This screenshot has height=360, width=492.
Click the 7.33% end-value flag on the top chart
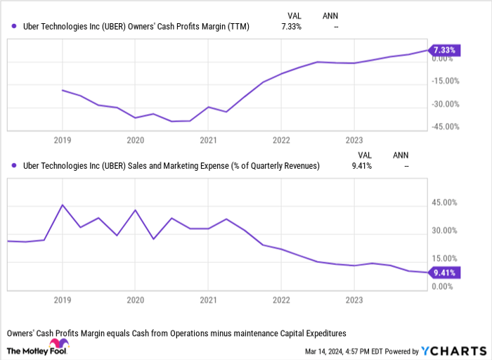(444, 50)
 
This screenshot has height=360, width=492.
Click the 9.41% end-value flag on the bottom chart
(444, 274)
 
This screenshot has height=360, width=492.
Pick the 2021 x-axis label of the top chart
(208, 140)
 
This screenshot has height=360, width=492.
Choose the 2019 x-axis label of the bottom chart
(63, 298)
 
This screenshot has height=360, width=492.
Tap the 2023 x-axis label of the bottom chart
(354, 298)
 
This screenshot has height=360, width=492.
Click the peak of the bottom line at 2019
(63, 205)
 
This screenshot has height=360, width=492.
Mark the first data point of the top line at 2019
(63, 91)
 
